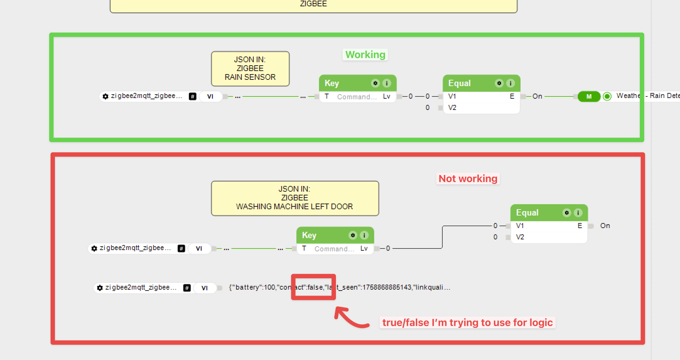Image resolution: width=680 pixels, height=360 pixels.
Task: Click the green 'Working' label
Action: coord(365,55)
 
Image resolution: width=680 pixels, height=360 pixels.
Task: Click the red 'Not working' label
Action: coord(468,179)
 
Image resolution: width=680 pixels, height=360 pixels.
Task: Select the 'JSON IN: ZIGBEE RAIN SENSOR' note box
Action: coord(250,68)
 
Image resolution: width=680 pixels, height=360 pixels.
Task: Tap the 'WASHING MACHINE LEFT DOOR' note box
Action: coord(295,198)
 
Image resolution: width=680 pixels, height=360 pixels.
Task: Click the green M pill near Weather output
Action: coord(589,96)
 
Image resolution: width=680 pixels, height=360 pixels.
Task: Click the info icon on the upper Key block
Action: coord(387,83)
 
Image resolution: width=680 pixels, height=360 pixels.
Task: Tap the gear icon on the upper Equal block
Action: coord(499,83)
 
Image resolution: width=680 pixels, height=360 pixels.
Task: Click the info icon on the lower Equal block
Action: coord(578,213)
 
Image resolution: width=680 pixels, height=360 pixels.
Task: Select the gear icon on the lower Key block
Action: coord(353,235)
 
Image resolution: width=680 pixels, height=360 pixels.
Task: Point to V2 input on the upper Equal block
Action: coord(452,108)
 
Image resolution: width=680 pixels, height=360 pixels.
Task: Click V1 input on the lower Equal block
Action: coord(520,226)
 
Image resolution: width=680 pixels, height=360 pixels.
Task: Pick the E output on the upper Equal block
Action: coord(512,96)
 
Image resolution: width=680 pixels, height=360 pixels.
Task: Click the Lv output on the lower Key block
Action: coord(364,248)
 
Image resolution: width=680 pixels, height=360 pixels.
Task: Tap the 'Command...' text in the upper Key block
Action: coord(357,97)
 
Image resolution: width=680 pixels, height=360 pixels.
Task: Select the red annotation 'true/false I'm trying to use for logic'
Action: coord(467,323)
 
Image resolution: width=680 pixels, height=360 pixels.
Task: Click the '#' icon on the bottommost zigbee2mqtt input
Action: coord(187,288)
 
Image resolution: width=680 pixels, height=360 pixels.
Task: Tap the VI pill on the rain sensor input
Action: coord(210,96)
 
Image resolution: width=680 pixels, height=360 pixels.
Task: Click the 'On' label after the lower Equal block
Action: coord(605,226)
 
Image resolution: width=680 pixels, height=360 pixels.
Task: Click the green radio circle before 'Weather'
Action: coord(607,96)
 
